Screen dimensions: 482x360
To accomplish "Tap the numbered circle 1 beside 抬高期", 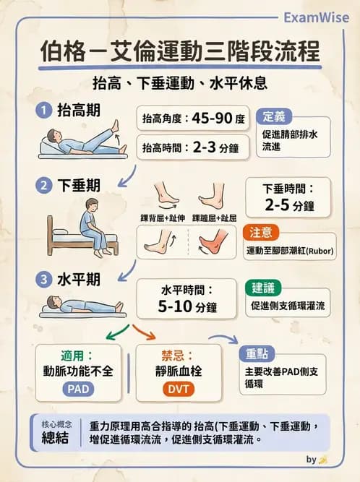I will tap(44, 111).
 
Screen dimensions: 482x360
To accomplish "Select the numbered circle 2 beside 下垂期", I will tap(44, 186).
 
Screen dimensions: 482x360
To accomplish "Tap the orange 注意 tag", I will tap(261, 232).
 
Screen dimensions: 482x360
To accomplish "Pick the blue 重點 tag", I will tap(256, 353).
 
